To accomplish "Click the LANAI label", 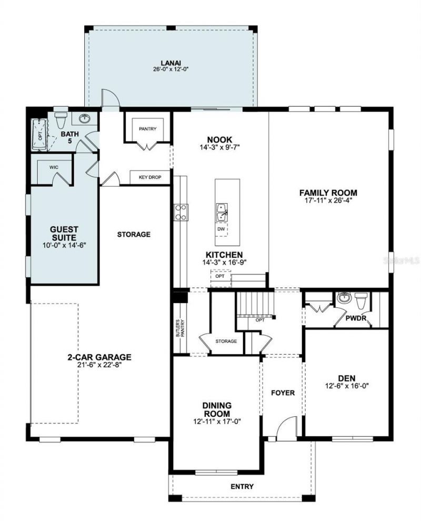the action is (x=171, y=62).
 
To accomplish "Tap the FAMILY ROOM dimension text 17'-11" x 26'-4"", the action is (x=328, y=201).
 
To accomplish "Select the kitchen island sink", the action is (x=222, y=211).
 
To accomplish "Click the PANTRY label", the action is (x=148, y=129).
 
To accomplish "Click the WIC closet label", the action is (x=54, y=167).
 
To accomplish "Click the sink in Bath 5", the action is (x=85, y=118).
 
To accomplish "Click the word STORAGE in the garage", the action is (x=134, y=234).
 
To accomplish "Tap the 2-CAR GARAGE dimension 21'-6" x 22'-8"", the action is (x=99, y=365).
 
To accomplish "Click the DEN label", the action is (x=347, y=378).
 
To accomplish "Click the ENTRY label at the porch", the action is (x=242, y=486).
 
